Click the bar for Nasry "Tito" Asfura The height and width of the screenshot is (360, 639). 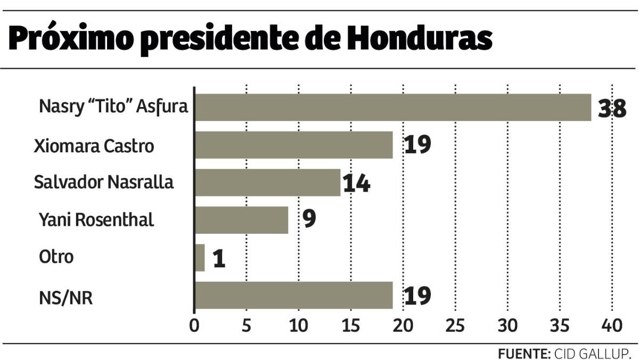point(393,108)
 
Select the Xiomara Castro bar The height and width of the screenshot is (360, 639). point(294,145)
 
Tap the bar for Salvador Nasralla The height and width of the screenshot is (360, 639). point(267,183)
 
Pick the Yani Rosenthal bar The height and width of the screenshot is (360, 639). point(242,220)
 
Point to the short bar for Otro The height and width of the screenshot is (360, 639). point(200,258)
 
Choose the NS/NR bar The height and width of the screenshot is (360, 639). point(294,296)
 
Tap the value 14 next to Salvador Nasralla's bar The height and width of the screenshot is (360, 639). point(356,184)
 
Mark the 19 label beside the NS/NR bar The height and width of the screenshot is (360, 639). point(417,296)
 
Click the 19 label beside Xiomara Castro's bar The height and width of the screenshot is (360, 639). point(417,145)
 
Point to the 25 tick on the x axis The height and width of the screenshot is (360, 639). point(455,325)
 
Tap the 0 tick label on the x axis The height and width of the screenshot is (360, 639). point(194,325)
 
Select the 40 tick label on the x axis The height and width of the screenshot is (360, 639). point(612,325)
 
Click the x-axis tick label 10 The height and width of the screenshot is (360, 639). point(299,325)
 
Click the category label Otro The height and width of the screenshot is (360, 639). point(56,257)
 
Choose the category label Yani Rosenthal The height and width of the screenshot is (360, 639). point(96,219)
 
